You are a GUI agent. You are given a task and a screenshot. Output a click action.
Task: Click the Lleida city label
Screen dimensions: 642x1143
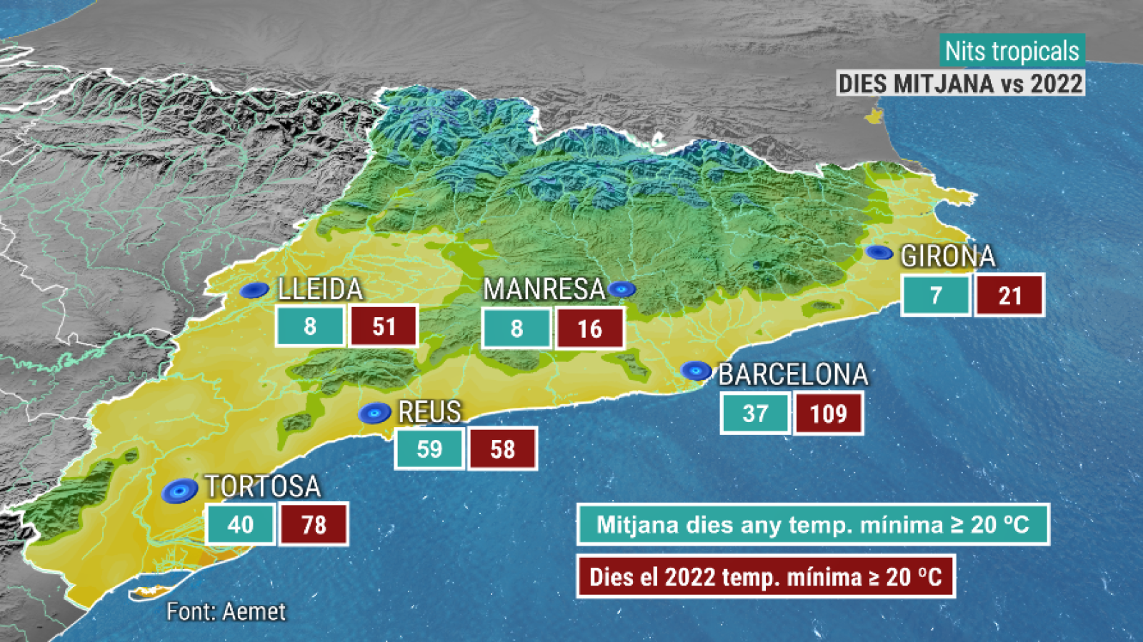tap(320, 289)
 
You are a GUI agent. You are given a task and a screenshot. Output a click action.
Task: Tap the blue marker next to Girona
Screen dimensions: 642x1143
tap(879, 252)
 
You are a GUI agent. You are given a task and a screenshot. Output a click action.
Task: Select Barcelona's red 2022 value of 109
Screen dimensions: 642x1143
tap(828, 413)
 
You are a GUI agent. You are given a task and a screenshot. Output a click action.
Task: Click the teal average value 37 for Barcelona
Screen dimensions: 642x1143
tap(755, 413)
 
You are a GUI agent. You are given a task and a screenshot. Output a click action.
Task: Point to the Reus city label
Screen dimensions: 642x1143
tap(429, 412)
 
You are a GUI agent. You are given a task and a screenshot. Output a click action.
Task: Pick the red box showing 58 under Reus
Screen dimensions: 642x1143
tap(502, 449)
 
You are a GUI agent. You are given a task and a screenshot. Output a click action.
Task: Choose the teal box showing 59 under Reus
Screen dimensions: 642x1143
tap(429, 449)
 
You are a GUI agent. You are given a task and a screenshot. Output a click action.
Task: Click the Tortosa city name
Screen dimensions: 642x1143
tap(263, 486)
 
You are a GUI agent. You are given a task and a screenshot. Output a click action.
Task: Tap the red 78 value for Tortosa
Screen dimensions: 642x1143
tap(314, 525)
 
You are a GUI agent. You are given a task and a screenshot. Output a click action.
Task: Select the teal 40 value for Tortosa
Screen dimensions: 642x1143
tap(241, 525)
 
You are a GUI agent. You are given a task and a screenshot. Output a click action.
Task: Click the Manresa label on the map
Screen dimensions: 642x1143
tap(544, 289)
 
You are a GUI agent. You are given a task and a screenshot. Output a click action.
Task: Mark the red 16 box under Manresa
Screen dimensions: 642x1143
tap(590, 328)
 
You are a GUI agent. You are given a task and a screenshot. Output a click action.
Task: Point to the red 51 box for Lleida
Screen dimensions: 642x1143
tap(384, 326)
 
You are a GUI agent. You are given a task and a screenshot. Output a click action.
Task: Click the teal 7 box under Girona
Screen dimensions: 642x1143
tap(936, 295)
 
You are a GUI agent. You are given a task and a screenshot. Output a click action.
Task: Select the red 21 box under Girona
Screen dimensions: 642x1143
tap(1010, 295)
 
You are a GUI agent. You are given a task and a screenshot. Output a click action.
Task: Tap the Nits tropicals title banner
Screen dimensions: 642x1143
tap(1012, 51)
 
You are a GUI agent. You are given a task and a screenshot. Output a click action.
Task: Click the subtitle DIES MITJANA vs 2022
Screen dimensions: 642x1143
tap(960, 84)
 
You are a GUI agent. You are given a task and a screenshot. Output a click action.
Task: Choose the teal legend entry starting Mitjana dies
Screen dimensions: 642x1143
tap(813, 525)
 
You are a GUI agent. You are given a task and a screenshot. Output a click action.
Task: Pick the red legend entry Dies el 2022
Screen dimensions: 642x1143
tap(766, 576)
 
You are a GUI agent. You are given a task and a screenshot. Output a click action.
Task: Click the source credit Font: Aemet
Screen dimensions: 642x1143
tap(226, 611)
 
